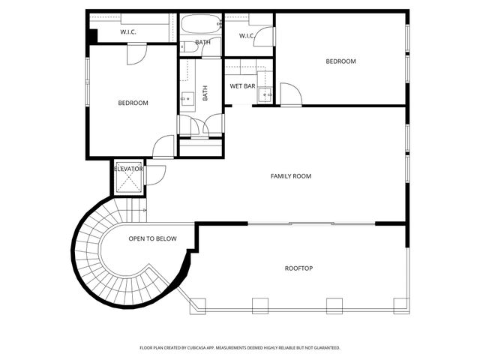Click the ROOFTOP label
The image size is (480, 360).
click(x=298, y=268)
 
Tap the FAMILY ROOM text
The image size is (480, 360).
click(x=290, y=176)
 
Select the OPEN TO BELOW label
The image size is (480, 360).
click(x=152, y=238)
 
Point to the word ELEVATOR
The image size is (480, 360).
click(x=128, y=169)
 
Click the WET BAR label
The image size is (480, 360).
click(x=242, y=86)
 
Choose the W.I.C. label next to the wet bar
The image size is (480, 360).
click(x=247, y=36)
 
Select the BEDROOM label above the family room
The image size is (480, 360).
click(x=340, y=61)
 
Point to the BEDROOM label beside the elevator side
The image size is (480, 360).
click(x=133, y=103)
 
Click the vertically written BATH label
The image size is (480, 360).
click(x=205, y=92)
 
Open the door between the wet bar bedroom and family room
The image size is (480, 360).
click(x=290, y=94)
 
